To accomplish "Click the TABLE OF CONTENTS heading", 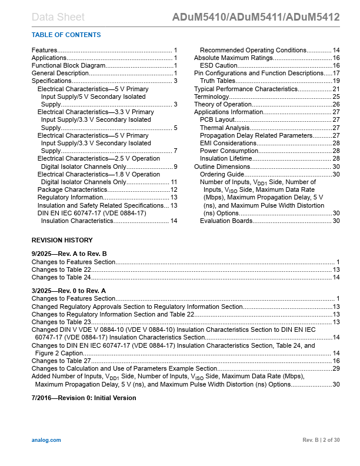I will [x=66, y=35].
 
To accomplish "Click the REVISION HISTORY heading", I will [x=62, y=240].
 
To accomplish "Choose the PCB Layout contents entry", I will [x=218, y=120].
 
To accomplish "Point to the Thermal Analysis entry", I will [x=225, y=128].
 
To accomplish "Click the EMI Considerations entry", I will [x=228, y=143].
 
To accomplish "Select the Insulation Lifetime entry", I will [x=228, y=158].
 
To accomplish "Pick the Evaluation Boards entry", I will [x=226, y=221].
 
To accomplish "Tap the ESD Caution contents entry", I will [x=218, y=66].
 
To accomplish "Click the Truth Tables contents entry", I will [x=218, y=81].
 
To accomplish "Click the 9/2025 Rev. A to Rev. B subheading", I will [x=69, y=253].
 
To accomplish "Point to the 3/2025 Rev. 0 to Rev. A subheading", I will [x=68, y=291].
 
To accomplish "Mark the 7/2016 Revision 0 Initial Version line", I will [x=84, y=398].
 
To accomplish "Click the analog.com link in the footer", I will [x=46, y=440].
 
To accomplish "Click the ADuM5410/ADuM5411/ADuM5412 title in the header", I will [x=256, y=17].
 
